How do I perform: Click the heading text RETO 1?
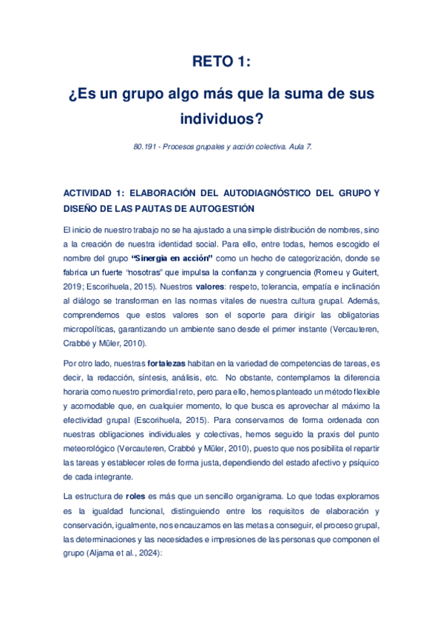click(x=221, y=63)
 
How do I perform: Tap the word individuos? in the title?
click(x=221, y=118)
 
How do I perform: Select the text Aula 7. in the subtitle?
click(x=300, y=147)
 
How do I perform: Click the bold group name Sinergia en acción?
click(x=172, y=258)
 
